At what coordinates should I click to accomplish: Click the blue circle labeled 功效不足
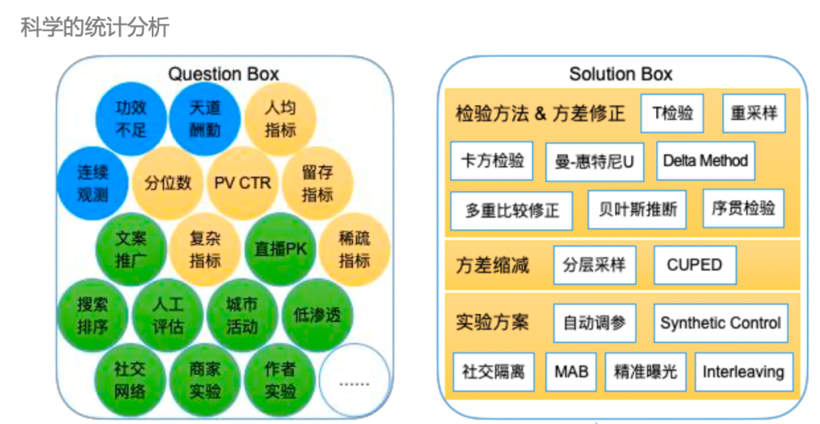tap(131, 118)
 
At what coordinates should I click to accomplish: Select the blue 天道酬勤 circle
tap(205, 118)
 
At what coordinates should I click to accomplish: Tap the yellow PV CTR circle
tap(243, 183)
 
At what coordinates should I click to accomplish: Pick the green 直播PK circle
tap(280, 249)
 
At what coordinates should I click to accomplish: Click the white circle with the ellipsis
tap(355, 379)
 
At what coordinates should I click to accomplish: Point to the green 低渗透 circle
tap(317, 314)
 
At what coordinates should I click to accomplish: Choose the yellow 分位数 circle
tap(168, 183)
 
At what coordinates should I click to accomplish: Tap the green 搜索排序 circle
tap(93, 314)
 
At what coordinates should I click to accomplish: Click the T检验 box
tap(672, 113)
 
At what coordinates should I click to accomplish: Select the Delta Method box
tap(705, 161)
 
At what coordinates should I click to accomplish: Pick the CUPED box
tap(695, 265)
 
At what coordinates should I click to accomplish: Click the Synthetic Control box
tap(721, 322)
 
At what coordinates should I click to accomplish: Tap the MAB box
tap(571, 372)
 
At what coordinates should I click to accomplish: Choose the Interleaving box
tap(743, 372)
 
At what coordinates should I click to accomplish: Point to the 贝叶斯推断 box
tap(637, 209)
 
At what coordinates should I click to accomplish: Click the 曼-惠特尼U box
tap(594, 162)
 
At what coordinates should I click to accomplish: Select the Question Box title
tap(223, 74)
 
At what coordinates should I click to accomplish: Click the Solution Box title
tap(621, 74)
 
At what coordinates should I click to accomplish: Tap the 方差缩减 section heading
tap(492, 265)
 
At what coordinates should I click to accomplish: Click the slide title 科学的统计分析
tap(95, 26)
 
